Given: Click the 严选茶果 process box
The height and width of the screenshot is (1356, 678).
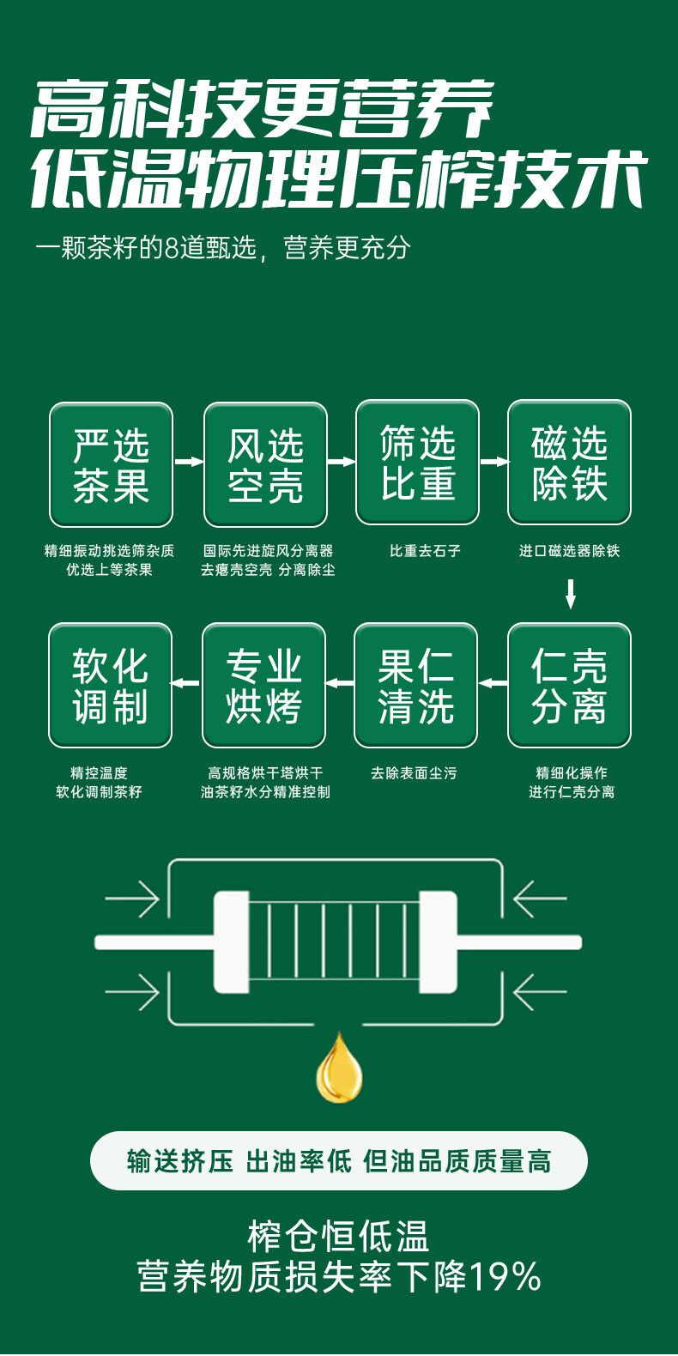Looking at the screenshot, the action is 111,464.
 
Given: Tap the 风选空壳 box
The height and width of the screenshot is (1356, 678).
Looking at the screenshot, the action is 266,464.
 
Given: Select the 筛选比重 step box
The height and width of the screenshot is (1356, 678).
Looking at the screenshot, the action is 418,462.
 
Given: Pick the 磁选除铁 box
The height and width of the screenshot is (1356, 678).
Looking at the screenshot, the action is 570,462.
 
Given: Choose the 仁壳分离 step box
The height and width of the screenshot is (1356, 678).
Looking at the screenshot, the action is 570,685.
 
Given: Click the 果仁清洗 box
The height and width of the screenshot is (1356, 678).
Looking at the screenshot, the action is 416,685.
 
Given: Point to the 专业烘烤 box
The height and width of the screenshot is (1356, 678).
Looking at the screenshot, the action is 264,685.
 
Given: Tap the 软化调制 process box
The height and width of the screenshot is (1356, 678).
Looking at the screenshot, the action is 110,685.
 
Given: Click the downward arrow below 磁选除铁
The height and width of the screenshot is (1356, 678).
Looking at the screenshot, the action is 570,594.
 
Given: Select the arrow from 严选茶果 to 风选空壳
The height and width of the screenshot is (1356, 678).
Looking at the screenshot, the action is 189,461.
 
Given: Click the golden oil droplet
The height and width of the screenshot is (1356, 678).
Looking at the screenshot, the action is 339,1069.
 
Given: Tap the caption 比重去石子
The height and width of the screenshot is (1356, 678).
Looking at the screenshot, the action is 425,551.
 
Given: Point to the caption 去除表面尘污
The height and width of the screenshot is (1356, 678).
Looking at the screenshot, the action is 414,773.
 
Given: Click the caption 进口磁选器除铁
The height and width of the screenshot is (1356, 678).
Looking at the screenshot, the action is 570,551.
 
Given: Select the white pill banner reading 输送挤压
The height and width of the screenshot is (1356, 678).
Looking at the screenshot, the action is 339,1160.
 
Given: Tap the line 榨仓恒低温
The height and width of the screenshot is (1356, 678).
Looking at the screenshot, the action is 338,1236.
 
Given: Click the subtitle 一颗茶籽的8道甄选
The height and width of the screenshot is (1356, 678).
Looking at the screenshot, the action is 146,247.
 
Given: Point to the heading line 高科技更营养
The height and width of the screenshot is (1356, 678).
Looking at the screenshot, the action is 263,109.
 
